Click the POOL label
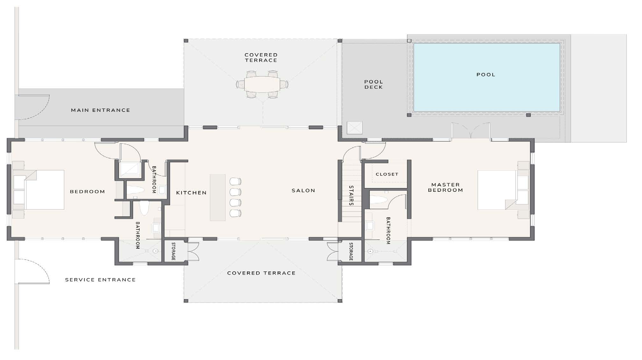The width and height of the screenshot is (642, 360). click(x=486, y=75)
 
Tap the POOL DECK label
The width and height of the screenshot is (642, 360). click(x=374, y=84)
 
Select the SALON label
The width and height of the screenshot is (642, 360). click(x=303, y=191)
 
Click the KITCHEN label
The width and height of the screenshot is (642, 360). click(x=191, y=193)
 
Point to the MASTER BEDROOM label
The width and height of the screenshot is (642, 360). click(x=446, y=187)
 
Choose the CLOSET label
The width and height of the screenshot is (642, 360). click(x=387, y=174)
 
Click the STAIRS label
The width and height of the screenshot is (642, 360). click(x=351, y=196)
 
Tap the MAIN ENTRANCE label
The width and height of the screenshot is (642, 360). click(x=100, y=110)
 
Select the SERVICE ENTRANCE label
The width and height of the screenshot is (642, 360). click(x=100, y=280)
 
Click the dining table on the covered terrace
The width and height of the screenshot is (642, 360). click(x=262, y=84)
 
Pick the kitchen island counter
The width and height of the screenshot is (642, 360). click(x=218, y=198)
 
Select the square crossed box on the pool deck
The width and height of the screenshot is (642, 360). click(x=354, y=128)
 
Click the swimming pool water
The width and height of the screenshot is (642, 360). click(x=487, y=77)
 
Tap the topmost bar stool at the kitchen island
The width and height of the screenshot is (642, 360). click(x=235, y=181)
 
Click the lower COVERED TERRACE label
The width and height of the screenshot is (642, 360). click(x=261, y=273)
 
